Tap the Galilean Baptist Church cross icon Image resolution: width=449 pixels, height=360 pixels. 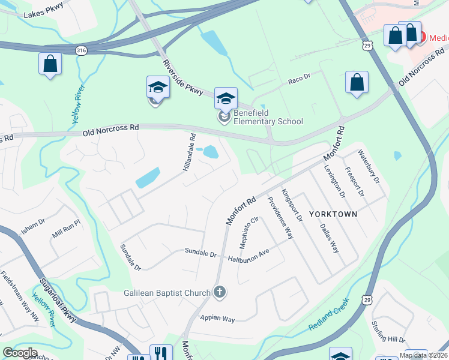click(x=220, y=292)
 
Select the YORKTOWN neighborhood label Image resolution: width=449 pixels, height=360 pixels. click(x=333, y=214)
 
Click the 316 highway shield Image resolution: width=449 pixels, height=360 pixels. click(x=82, y=52)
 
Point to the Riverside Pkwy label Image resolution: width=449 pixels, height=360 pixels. click(x=186, y=76)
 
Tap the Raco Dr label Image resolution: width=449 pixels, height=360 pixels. click(x=298, y=78)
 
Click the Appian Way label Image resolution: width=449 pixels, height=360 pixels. click(x=218, y=319)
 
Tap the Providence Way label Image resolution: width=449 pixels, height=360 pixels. click(x=280, y=218)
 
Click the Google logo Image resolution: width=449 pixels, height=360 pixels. click(x=20, y=353)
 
